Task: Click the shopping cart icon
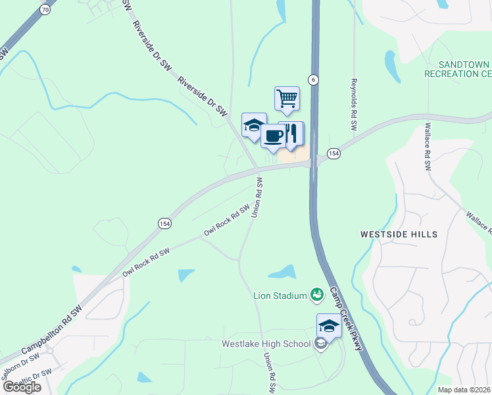click(x=287, y=99)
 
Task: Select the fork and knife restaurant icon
click(x=291, y=133)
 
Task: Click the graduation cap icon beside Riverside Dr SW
click(x=253, y=126)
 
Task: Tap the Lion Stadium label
click(x=280, y=296)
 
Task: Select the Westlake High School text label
click(x=266, y=344)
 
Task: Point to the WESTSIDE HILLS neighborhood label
click(x=399, y=234)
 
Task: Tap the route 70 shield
click(x=45, y=9)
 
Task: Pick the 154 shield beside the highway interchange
click(x=334, y=153)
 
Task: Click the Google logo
click(x=22, y=386)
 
